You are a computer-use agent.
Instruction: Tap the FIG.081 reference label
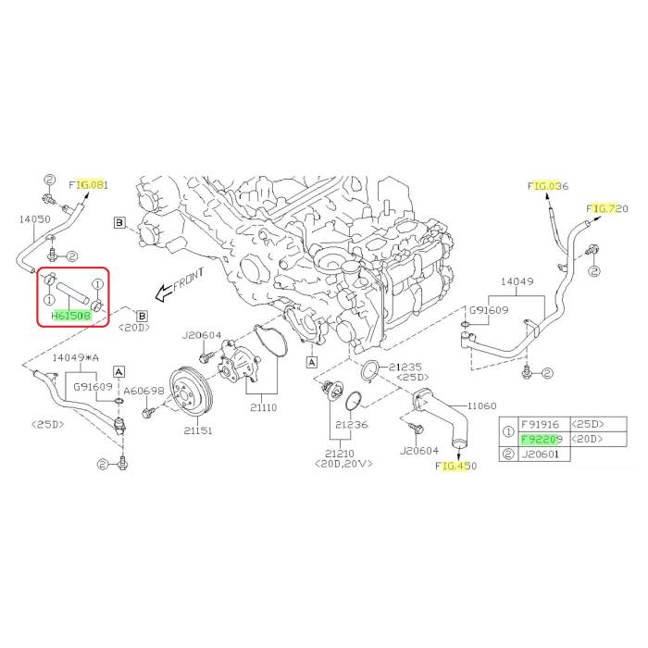coord(89,185)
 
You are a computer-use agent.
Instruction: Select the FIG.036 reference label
coord(547,186)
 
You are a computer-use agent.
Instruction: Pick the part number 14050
coord(35,219)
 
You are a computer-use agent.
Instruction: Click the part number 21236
coord(353,423)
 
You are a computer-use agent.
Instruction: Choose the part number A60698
coord(144,391)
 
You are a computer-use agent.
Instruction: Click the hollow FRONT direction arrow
coord(164,293)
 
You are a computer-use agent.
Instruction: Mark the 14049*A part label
coord(75,356)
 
